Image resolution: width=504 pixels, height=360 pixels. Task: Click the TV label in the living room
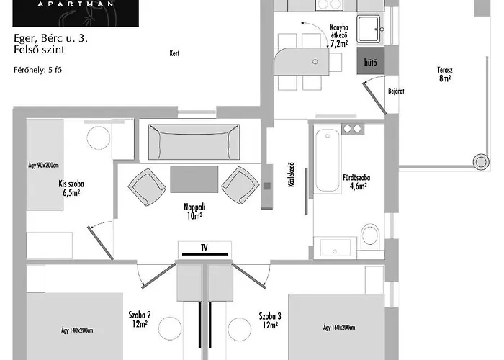[x=204, y=248]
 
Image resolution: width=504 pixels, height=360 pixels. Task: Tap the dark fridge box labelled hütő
[x=370, y=60]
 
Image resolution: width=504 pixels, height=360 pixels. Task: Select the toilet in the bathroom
[x=370, y=235]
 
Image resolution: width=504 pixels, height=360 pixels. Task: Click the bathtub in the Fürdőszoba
[x=328, y=161]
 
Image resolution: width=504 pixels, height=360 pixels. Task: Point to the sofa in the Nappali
[x=194, y=142]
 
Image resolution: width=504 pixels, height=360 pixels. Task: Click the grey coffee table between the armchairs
[x=194, y=179]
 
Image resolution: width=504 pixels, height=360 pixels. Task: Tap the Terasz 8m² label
[x=445, y=74]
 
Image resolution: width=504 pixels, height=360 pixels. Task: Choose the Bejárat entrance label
[x=396, y=91]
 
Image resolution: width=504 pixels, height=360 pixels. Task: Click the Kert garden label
[x=174, y=53]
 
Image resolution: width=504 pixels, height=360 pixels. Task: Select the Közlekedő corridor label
[x=291, y=174]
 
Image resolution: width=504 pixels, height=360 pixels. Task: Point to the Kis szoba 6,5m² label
[x=71, y=189]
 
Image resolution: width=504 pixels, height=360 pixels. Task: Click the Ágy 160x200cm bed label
[x=339, y=328]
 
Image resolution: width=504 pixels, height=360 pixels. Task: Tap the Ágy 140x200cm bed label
[x=77, y=330]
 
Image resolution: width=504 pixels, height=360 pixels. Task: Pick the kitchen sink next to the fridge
[x=369, y=30]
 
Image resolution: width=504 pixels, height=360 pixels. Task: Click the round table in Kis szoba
[x=99, y=138]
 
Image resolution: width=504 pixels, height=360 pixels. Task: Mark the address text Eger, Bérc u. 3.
[x=50, y=38]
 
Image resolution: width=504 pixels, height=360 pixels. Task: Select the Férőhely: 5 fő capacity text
[x=37, y=70]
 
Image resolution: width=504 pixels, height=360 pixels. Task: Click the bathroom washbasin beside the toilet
[x=336, y=248]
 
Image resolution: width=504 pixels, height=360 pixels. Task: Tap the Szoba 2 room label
[x=140, y=315]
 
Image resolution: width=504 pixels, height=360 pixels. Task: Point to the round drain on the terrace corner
[x=481, y=162]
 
